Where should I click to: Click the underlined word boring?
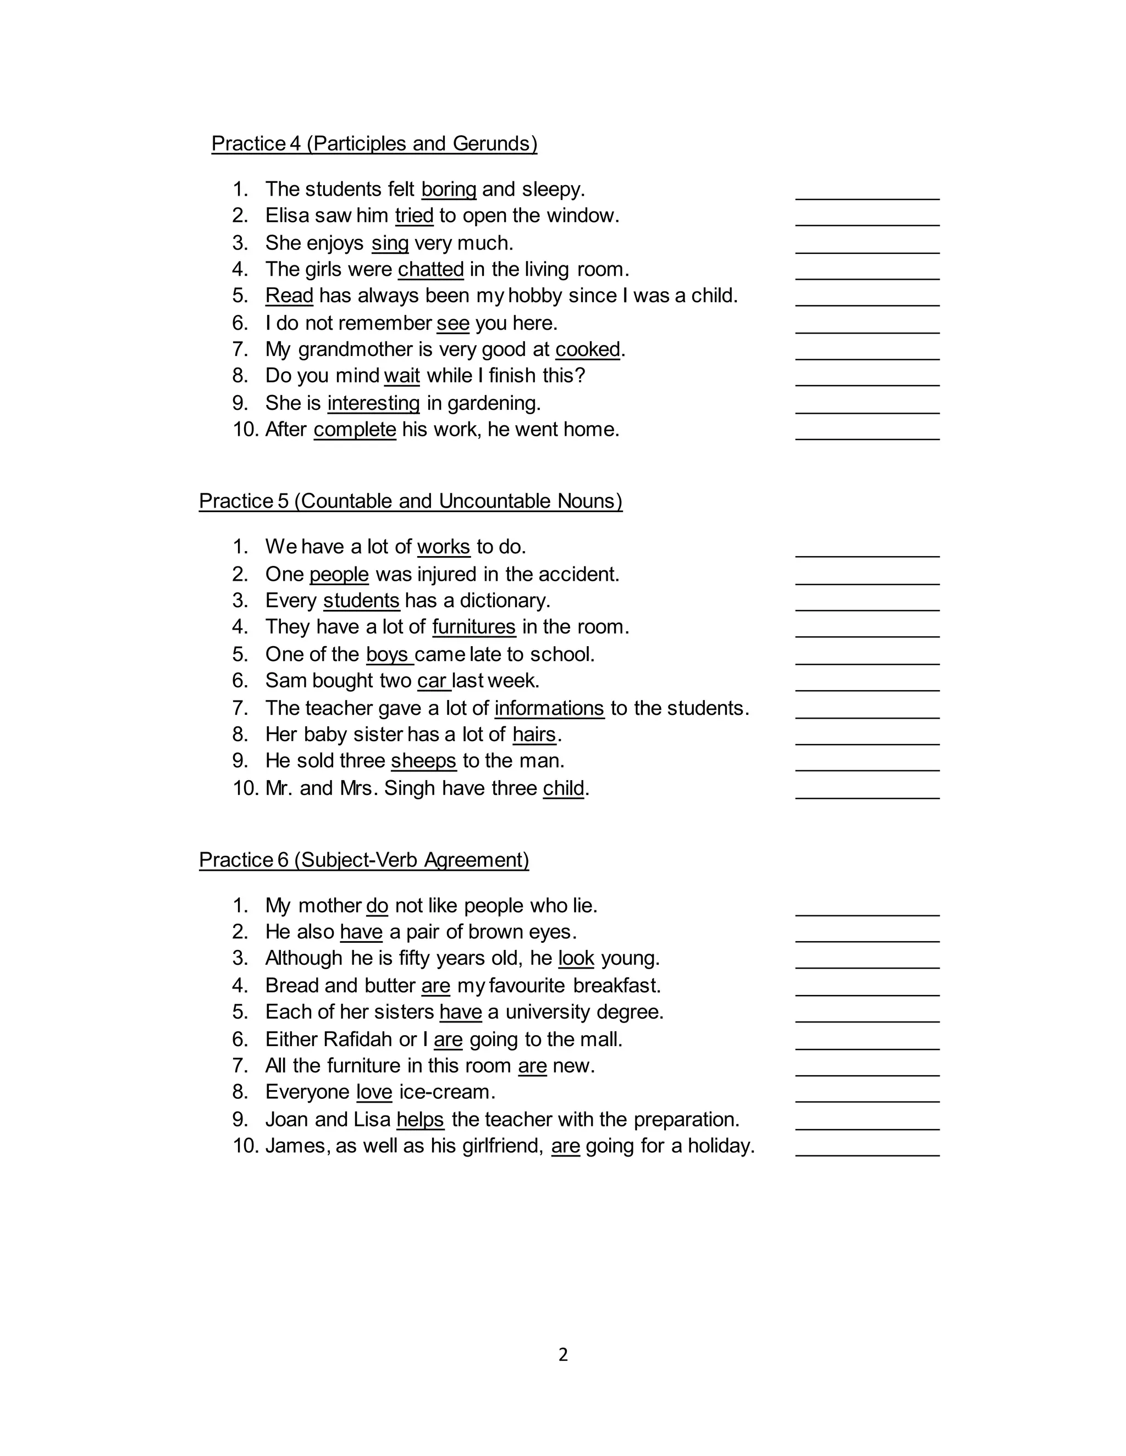tap(449, 190)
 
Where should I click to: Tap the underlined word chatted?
tap(431, 269)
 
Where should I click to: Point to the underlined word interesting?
tap(373, 403)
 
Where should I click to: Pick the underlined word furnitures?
tap(473, 627)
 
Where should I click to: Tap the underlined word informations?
tap(549, 708)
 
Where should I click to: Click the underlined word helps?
tap(420, 1119)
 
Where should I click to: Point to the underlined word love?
tap(374, 1092)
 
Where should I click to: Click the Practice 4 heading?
tap(374, 144)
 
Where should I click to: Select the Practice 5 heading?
tap(410, 501)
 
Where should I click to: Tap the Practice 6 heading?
tap(363, 860)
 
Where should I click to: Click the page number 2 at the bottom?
tap(563, 1355)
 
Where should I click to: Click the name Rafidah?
tap(357, 1040)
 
